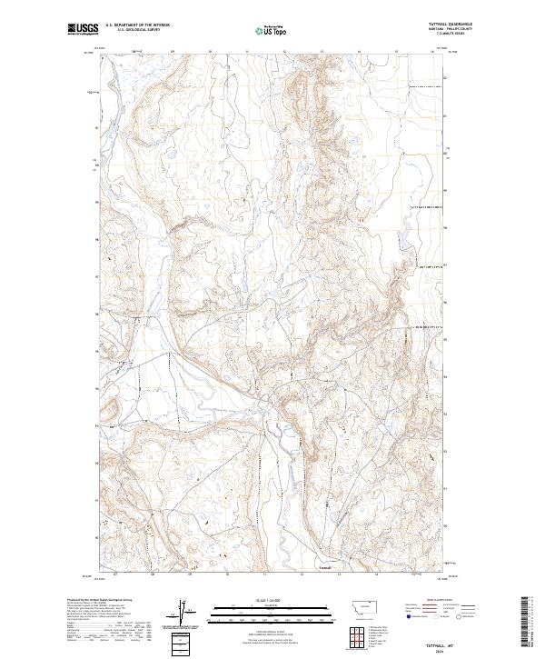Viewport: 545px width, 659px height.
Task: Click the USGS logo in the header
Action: [x=83, y=30]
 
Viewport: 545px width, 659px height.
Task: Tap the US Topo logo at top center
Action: [x=272, y=31]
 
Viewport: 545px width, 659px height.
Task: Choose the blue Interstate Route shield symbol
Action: [x=408, y=615]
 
